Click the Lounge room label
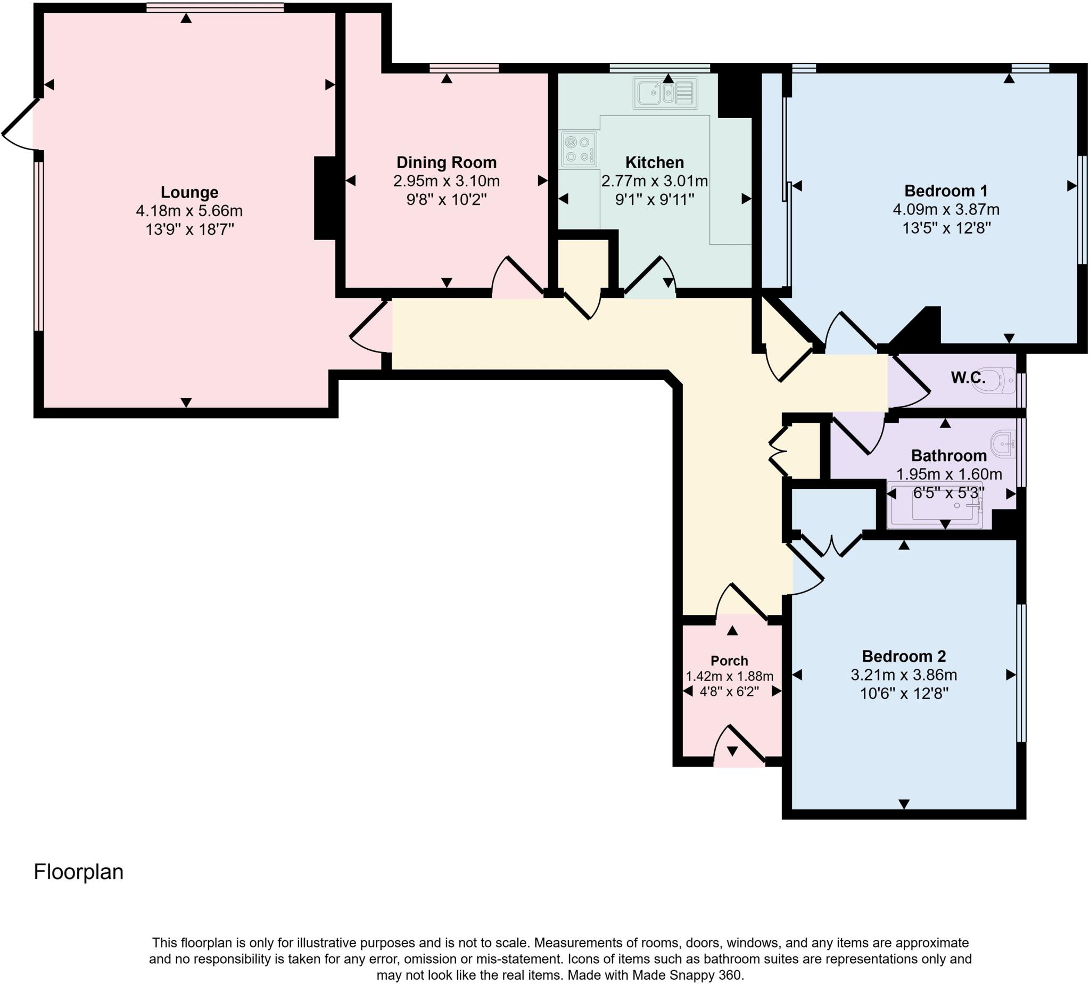pos(189,192)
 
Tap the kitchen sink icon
pos(665,93)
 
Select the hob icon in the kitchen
pos(579,149)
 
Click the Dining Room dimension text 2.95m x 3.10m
pos(446,180)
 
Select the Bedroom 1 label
pos(946,191)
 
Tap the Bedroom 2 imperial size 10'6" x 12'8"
pos(904,693)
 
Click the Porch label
pos(729,660)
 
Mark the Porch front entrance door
pos(739,746)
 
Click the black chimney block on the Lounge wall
pos(325,198)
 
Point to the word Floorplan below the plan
pos(78,872)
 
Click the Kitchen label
pos(654,162)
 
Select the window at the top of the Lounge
pos(214,7)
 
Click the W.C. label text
pos(968,377)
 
